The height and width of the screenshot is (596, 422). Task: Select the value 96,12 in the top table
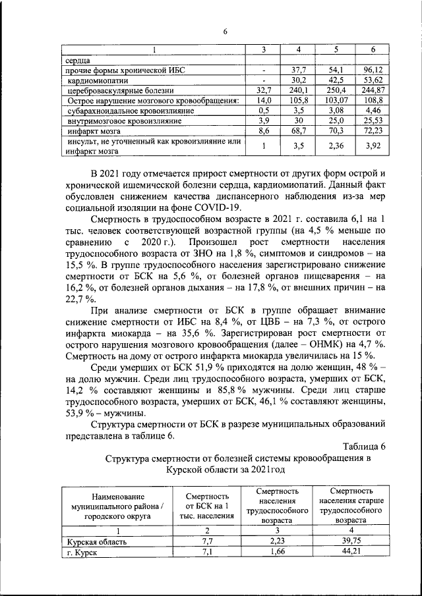click(x=373, y=69)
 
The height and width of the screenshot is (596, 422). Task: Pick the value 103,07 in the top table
click(x=336, y=101)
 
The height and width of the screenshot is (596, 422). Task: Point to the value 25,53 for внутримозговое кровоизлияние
click(x=373, y=121)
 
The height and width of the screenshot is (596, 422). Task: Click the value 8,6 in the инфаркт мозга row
click(x=264, y=132)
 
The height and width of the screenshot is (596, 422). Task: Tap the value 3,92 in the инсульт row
click(x=373, y=146)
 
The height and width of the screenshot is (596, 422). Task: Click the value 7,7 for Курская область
click(x=206, y=541)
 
